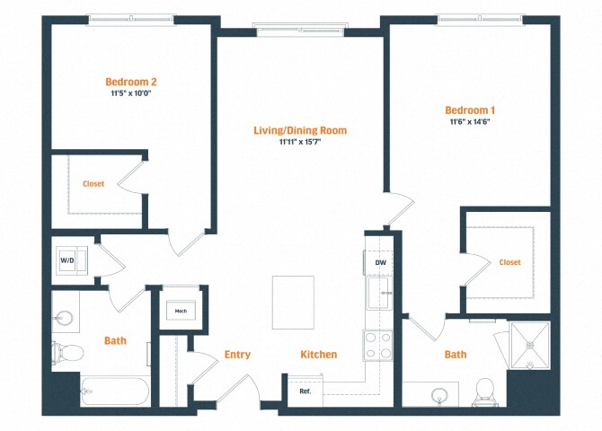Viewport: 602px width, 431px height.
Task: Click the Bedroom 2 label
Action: click(x=133, y=81)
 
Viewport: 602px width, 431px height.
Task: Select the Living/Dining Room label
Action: click(x=299, y=130)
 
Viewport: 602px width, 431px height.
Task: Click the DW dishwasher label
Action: click(x=380, y=261)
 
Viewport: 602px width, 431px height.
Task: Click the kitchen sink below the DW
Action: click(x=380, y=292)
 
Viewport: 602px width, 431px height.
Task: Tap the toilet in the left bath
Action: click(x=66, y=351)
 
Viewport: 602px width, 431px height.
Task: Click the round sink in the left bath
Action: click(x=64, y=318)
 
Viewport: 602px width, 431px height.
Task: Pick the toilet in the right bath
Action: click(x=485, y=391)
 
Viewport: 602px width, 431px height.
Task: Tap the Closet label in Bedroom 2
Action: click(x=93, y=184)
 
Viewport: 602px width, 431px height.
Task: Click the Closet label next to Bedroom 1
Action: click(x=509, y=262)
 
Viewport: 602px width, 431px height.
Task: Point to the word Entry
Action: click(x=237, y=355)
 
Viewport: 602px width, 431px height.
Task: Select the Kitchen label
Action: click(x=319, y=355)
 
